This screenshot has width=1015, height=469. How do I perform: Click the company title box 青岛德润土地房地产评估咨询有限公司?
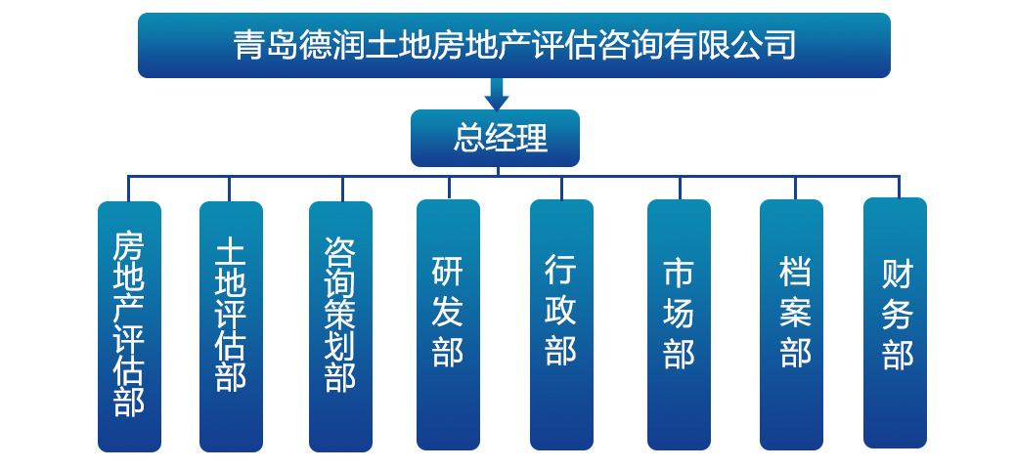coord(513,45)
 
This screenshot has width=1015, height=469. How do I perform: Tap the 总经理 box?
coord(495,138)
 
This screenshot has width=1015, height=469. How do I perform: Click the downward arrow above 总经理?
coord(497,94)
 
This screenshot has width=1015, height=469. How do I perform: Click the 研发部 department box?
coord(448,324)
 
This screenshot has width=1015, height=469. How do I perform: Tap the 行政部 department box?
coord(561,324)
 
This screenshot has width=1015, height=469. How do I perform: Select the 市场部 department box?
coord(679,324)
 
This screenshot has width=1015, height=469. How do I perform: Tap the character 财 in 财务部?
coord(896,274)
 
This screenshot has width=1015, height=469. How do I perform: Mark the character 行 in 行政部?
coord(561,269)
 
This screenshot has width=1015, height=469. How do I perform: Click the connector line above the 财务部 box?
coord(898,187)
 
